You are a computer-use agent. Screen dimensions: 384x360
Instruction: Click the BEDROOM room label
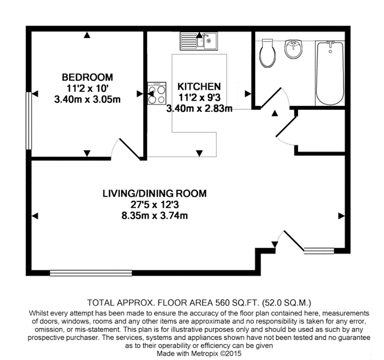pos(87,78)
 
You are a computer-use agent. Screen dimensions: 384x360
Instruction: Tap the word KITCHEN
pos(199,86)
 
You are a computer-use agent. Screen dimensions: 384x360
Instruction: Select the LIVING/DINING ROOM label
pos(154,194)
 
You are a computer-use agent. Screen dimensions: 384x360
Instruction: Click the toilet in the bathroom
pos(267,53)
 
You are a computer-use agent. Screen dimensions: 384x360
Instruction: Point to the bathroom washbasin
pos(293,49)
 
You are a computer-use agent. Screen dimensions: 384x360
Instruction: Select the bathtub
pos(330,73)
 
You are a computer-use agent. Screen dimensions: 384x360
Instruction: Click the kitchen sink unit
pos(199,41)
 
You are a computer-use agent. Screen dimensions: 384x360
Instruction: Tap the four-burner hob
pos(157,94)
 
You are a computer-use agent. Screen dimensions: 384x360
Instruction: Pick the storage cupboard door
pos(286,126)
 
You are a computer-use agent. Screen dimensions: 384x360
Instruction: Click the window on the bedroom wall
pos(29,121)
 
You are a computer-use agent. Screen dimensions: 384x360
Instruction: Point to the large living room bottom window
pos(91,273)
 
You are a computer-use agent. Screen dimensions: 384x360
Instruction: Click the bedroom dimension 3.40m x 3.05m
pos(87,100)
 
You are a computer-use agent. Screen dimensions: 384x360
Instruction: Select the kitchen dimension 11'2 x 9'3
pos(199,97)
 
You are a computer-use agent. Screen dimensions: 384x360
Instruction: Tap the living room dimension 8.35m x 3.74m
pos(154,215)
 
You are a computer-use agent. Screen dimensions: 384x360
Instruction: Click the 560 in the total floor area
pos(222,303)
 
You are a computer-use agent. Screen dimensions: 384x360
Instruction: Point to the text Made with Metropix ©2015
pos(199,353)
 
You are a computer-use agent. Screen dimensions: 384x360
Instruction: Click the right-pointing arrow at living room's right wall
pos(341,216)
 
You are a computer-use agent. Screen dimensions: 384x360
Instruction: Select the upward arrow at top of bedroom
pos(87,35)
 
